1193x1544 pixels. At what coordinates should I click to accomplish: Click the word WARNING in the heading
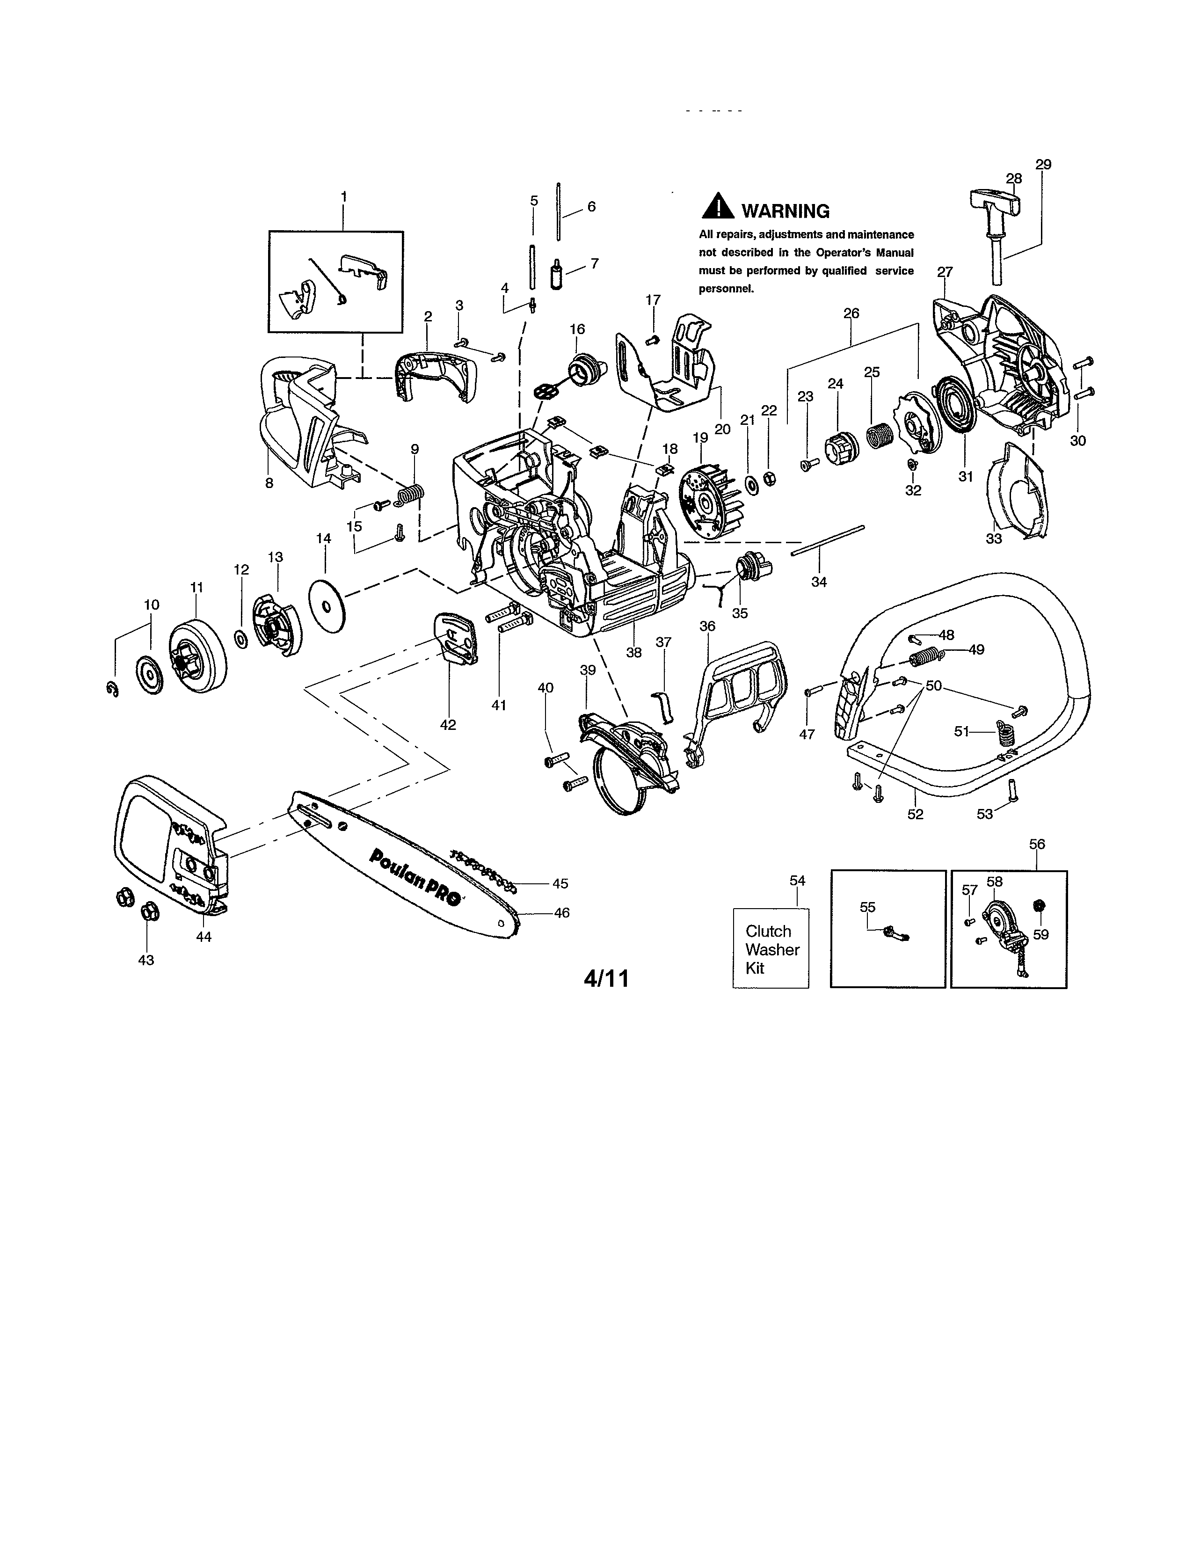tap(785, 211)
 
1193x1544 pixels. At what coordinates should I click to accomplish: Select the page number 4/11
tap(606, 978)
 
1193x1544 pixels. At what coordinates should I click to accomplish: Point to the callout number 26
tap(851, 313)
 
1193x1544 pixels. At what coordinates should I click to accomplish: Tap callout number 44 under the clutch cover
tap(204, 937)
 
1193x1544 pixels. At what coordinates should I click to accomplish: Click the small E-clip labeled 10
tap(112, 689)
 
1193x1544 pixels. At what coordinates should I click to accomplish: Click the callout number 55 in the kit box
tap(867, 907)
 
